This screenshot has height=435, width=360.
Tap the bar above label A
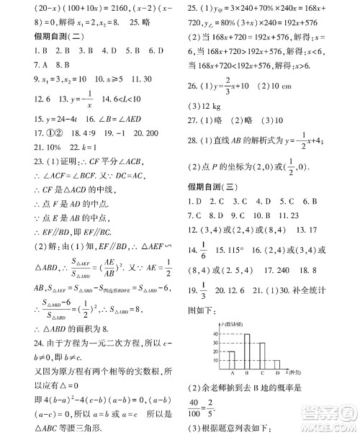[x=233, y=359]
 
